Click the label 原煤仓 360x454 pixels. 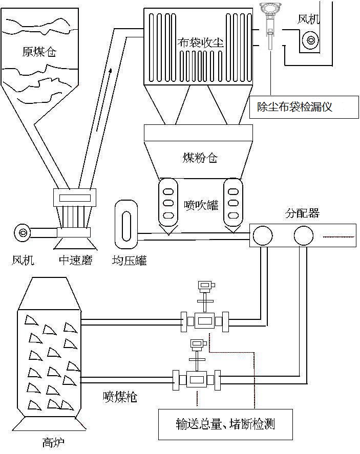coord(39,52)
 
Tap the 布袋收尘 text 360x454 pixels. coord(200,42)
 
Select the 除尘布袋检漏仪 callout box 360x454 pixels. coord(304,107)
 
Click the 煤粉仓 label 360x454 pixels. coord(200,158)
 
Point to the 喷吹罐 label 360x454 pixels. coord(201,205)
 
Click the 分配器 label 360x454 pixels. coord(302,213)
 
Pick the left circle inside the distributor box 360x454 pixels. coord(263,235)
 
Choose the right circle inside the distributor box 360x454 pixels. coord(304,235)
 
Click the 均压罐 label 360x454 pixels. coord(129,261)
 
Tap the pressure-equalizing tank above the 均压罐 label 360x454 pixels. coord(126,224)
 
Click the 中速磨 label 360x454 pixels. coord(76,260)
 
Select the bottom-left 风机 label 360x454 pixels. coord(23,260)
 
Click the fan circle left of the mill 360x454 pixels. coord(23,232)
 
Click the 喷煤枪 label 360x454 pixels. coord(120,397)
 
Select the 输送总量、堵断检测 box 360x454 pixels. coord(225,424)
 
